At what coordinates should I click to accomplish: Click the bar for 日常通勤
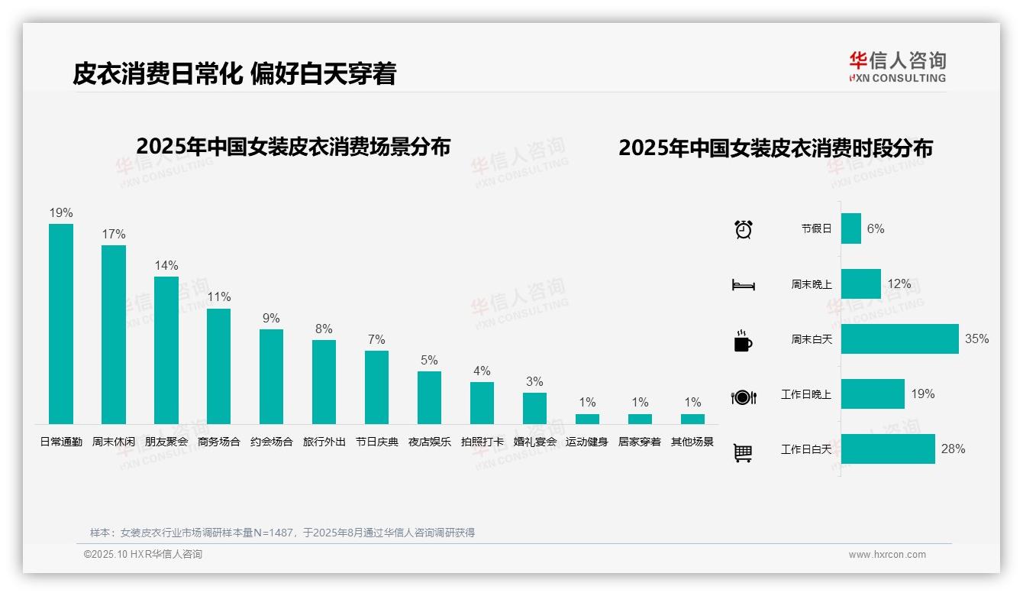tap(61, 323)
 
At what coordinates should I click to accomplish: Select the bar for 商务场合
tap(218, 366)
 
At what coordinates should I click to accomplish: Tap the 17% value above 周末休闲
tap(114, 234)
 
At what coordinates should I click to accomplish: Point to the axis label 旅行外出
tap(324, 442)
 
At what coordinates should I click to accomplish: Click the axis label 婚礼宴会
tap(534, 442)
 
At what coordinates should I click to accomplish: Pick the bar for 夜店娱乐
tap(429, 397)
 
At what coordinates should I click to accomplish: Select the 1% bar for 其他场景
tap(692, 419)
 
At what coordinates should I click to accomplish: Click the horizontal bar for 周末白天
tap(899, 338)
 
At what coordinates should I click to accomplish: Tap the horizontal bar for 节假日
tap(850, 228)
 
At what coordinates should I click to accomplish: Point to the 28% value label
tap(953, 449)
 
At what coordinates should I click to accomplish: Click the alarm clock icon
tap(743, 229)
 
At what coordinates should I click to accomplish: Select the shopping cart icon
tap(743, 452)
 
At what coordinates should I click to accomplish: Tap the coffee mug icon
tap(743, 341)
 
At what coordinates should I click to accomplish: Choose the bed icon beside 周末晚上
tap(743, 285)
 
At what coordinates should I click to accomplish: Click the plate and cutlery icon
tap(743, 397)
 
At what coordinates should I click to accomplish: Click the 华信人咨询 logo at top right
tap(897, 66)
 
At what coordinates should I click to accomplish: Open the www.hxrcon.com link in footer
tap(886, 555)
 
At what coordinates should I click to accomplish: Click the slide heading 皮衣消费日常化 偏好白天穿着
tap(234, 73)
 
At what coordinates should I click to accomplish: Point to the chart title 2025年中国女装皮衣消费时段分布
tap(775, 148)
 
